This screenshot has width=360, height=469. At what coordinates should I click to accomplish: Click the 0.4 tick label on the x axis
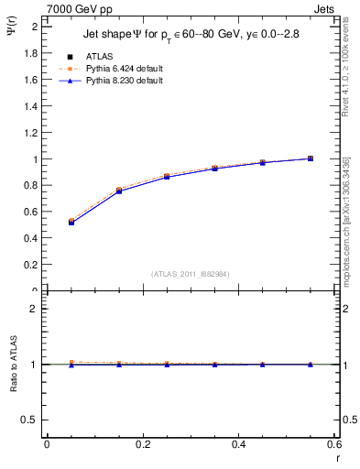coord(238,444)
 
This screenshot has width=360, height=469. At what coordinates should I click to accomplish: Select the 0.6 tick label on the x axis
coord(334,444)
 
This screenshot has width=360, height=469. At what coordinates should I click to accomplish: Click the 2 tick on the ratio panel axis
coord(34,309)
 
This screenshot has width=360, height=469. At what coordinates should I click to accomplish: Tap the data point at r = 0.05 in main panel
coord(71,223)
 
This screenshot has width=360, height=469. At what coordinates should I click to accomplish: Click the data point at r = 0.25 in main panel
coord(167,176)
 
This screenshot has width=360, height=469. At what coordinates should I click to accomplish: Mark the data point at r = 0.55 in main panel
coord(311,158)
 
